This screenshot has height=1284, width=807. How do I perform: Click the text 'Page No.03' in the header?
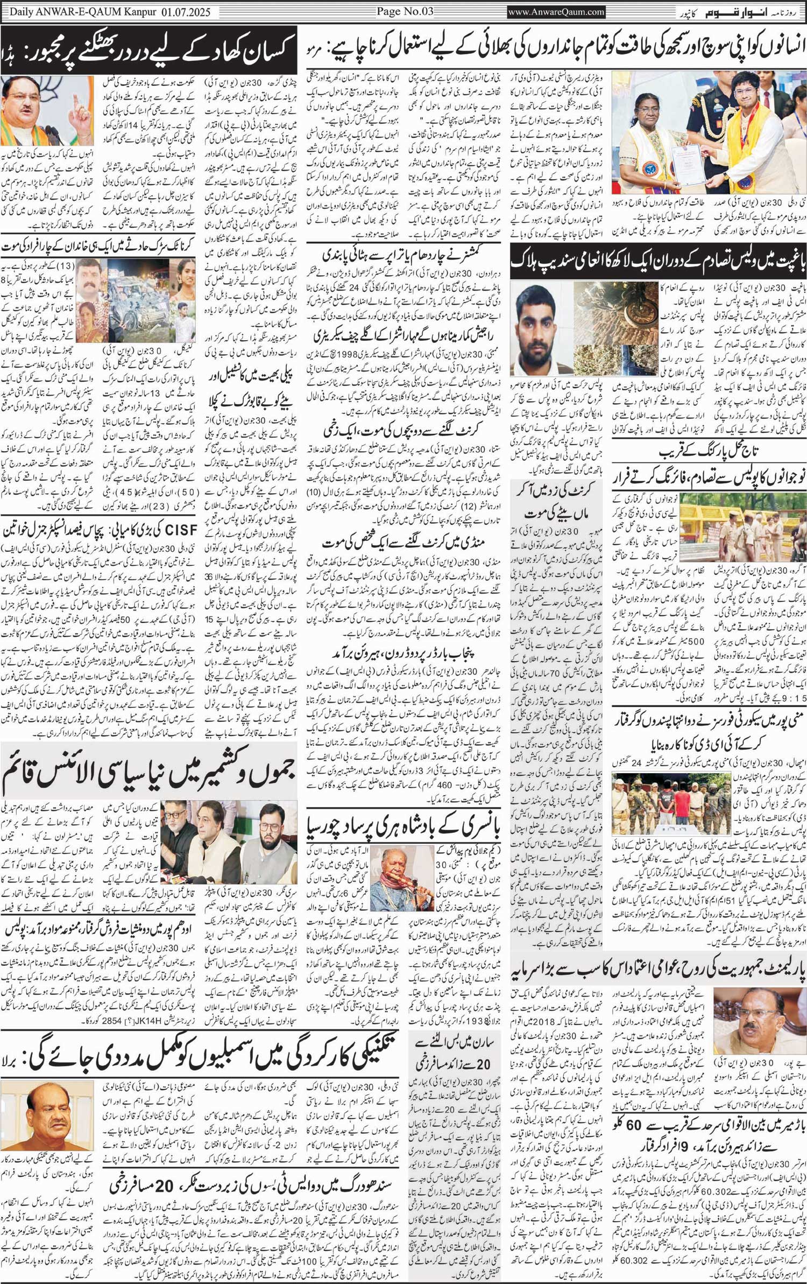(x=403, y=11)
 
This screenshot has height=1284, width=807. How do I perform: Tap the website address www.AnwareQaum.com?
(x=556, y=11)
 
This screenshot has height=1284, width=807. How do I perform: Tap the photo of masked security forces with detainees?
(x=671, y=803)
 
